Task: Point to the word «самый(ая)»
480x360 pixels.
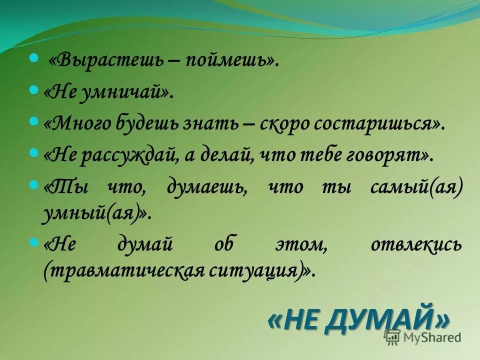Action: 416,187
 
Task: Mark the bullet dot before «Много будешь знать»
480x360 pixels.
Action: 34,121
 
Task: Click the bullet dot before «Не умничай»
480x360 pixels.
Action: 34,90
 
